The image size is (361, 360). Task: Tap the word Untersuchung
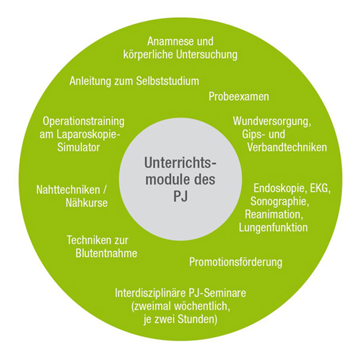point(206,55)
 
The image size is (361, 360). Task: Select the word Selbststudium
point(168,81)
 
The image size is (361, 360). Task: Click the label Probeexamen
point(239,97)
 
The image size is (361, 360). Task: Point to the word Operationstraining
point(84,121)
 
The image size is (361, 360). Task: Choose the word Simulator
point(79,147)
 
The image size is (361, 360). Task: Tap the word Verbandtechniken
point(287,147)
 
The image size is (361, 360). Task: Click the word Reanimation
point(274,214)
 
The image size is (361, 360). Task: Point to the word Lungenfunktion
point(273,227)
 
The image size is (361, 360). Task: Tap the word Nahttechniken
point(68,190)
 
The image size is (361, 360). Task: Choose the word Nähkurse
point(87,203)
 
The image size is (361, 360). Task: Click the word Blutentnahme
point(106,253)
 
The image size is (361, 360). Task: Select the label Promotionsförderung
point(235,262)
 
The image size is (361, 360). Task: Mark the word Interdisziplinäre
point(150,293)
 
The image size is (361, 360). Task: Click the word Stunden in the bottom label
point(197,320)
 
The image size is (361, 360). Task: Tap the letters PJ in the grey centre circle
point(180,196)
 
